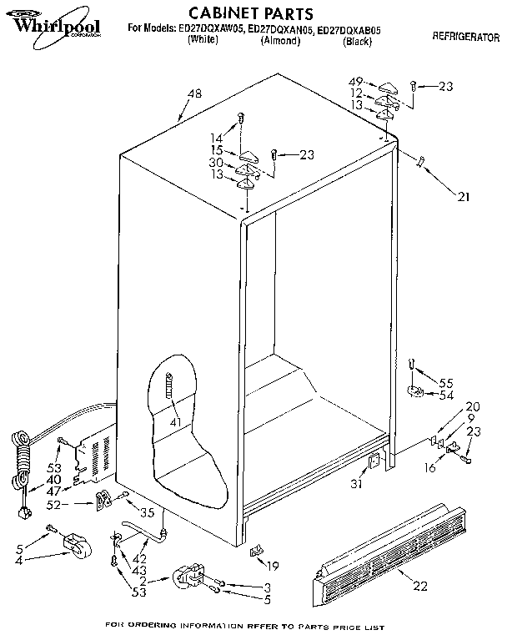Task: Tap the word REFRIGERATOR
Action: [465, 38]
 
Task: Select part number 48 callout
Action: [194, 94]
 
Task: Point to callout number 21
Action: [463, 198]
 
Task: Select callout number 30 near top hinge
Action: [216, 162]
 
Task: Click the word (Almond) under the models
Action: [280, 39]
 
